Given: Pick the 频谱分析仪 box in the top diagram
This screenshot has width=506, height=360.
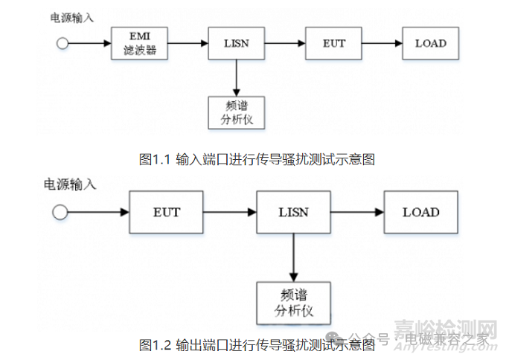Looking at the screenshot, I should (235, 112).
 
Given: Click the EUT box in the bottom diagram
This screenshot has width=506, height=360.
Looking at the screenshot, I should (166, 212).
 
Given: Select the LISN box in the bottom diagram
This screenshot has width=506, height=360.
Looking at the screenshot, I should (292, 212).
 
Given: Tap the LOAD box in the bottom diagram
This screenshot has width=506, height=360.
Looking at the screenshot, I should (420, 212).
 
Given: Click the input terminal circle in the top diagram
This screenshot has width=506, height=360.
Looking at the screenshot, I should (63, 44).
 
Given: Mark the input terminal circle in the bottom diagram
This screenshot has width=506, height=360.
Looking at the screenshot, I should (60, 213).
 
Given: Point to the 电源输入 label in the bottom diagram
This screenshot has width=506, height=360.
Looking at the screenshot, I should (71, 182).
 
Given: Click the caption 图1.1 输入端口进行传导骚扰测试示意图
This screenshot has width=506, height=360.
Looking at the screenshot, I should (256, 158).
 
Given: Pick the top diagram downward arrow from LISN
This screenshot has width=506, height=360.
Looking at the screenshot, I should (235, 77).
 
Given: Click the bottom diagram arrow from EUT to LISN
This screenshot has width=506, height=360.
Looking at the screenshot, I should (229, 213).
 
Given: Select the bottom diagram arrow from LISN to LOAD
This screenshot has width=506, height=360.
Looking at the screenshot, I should (356, 213).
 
